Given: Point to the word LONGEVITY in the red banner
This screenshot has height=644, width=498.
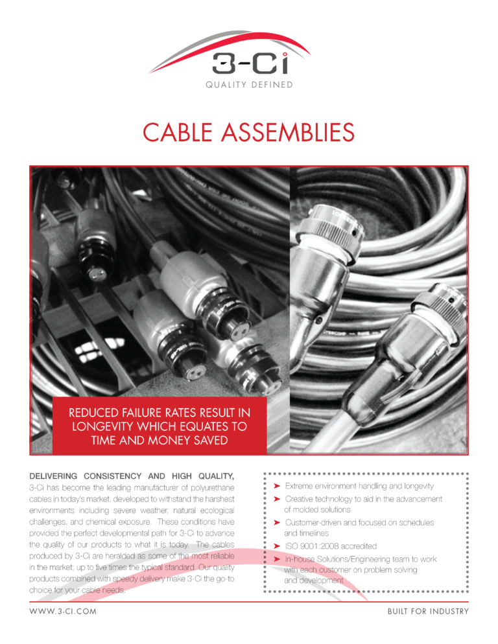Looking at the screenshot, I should tap(105, 426).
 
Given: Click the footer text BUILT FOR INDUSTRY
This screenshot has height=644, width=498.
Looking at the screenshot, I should tap(427, 612).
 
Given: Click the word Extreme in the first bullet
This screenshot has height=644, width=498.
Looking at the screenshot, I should tap(301, 486).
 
